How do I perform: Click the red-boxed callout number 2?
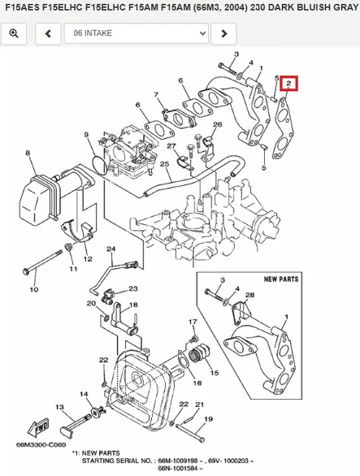point(288,83)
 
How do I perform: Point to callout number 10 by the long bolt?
point(33,288)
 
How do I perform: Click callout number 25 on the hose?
point(164,165)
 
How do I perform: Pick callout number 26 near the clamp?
point(217,124)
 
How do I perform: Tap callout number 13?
point(59,406)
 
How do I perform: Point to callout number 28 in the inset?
point(249,294)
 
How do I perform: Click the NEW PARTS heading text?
point(281,279)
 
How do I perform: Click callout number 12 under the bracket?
point(88,259)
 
